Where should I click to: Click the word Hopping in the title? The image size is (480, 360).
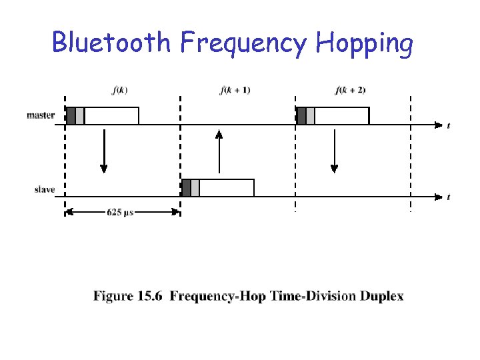(x=365, y=44)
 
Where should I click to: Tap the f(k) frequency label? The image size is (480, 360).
(x=122, y=90)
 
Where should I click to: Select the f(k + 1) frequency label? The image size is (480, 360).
(x=235, y=90)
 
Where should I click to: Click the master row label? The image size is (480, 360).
(x=41, y=115)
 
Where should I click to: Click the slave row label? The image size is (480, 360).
(x=45, y=190)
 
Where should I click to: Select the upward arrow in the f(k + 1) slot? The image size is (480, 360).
(x=219, y=151)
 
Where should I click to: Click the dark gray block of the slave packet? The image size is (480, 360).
(x=186, y=188)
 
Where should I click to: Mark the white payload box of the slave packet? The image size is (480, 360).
(x=227, y=188)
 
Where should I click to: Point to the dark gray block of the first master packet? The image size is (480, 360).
(x=71, y=115)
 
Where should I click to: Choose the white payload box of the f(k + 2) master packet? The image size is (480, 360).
(x=341, y=115)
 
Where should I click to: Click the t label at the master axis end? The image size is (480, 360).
(x=447, y=125)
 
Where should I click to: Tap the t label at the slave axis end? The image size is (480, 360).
(x=447, y=197)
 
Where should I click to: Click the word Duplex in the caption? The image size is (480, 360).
(x=383, y=296)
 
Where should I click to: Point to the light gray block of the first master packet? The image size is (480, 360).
(x=80, y=115)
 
